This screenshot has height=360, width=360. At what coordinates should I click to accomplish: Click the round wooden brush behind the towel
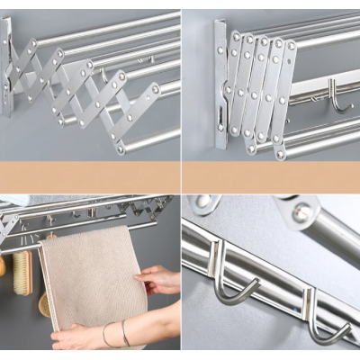pos(43,303)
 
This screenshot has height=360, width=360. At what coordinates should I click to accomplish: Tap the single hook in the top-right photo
pos(337,96)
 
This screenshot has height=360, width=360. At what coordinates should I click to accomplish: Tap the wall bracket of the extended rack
pos(7,67)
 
